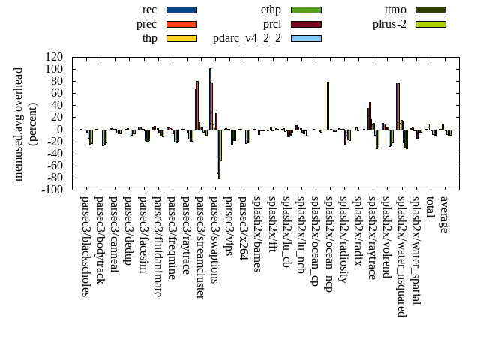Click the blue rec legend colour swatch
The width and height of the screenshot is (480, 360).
pos(181,10)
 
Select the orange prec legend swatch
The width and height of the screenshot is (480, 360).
pos(181,24)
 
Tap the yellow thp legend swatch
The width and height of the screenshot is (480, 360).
pos(181,38)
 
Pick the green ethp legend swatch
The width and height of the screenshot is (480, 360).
pos(306,10)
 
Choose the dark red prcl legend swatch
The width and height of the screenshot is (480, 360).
pos(306,24)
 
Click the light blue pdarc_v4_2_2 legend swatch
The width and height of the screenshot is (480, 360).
pos(306,38)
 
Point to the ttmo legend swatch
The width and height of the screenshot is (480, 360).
pos(430,10)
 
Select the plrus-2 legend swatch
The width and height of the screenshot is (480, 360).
pos(430,24)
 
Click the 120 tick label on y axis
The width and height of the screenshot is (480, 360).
pos(54,57)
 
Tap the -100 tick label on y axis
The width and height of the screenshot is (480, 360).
pos(52,190)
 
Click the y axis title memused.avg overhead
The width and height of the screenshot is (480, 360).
pos(19,124)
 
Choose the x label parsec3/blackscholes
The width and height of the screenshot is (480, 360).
pos(85,246)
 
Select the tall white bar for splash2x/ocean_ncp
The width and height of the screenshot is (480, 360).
pos(328,106)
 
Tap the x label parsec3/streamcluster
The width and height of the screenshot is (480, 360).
pos(200,247)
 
